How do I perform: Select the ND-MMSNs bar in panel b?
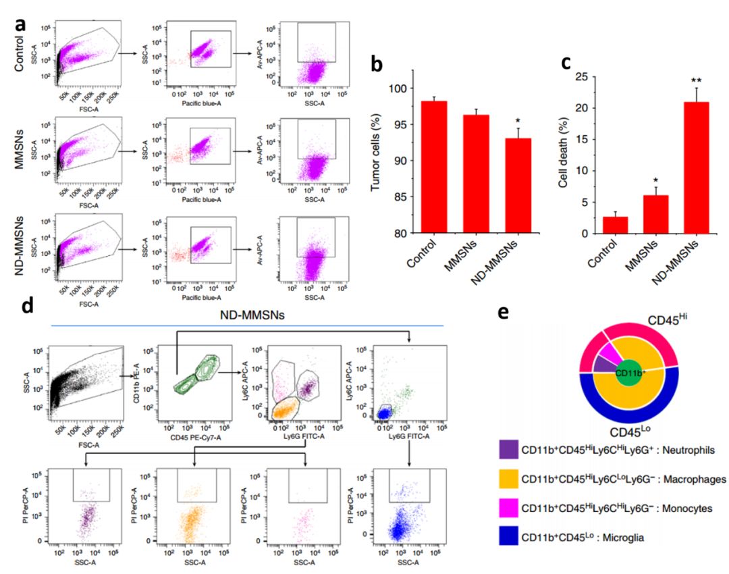tap(514, 186)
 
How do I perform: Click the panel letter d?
tap(28, 305)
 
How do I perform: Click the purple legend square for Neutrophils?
tap(508, 448)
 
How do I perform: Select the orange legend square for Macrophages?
tap(508, 479)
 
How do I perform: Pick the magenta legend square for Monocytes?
tap(508, 508)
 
